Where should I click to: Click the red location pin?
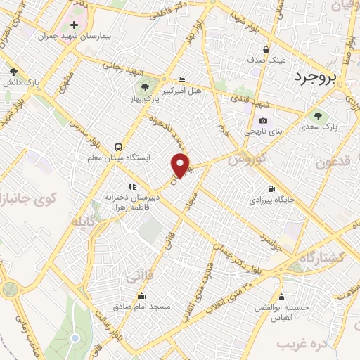click(181, 165)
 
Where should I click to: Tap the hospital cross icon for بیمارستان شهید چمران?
click(74, 25)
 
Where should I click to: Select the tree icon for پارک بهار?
click(144, 88)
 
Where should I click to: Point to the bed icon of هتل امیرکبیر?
click(183, 79)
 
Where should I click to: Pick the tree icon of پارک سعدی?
click(319, 116)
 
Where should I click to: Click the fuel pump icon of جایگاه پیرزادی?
click(271, 188)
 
